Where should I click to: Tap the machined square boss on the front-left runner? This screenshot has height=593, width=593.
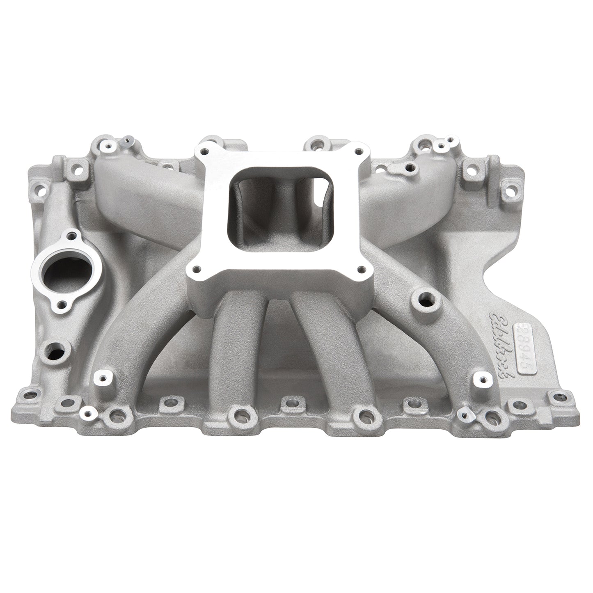(x=102, y=364)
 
